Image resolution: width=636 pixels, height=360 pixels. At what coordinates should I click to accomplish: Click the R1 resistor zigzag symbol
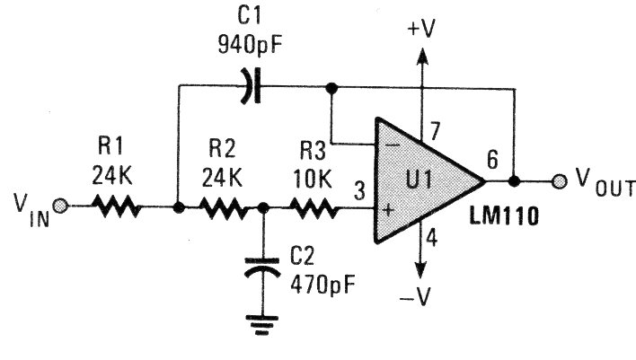[x=116, y=207]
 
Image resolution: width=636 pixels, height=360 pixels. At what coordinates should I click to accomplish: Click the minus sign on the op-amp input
[x=391, y=144]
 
